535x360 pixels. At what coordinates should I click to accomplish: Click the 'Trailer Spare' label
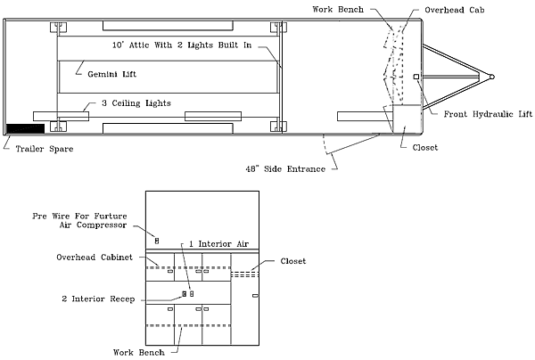click(x=44, y=149)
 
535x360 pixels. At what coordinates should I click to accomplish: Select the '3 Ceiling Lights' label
click(x=135, y=103)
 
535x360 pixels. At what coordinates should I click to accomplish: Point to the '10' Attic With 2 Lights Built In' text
click(x=181, y=43)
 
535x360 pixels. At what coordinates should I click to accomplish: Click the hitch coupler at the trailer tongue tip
click(x=490, y=77)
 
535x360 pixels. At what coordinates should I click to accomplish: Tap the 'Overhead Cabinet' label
click(x=94, y=258)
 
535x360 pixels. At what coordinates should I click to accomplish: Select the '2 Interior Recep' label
click(x=97, y=299)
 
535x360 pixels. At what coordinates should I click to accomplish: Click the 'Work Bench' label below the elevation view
click(x=138, y=352)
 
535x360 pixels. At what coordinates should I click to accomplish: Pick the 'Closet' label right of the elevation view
click(x=293, y=261)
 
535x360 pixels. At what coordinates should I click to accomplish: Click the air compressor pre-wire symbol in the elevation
click(x=157, y=241)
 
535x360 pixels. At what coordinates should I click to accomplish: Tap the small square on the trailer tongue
click(x=416, y=78)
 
